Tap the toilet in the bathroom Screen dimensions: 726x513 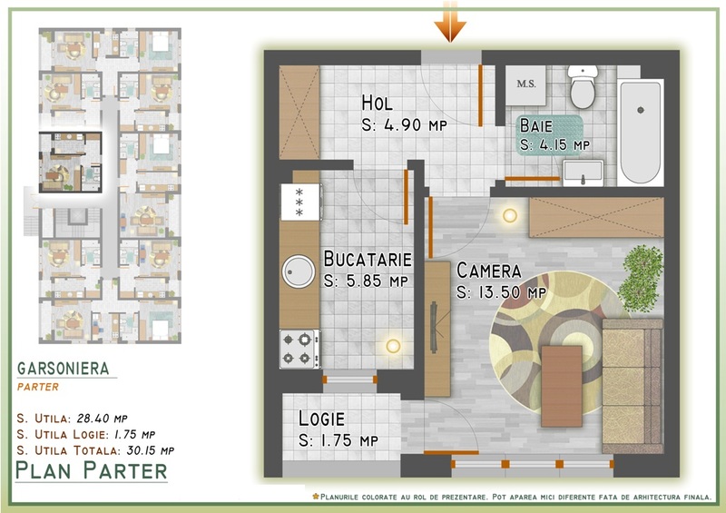pyautogui.click(x=583, y=86)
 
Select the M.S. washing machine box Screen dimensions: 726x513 pyautogui.click(x=525, y=85)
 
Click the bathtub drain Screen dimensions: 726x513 pyautogui.click(x=641, y=110)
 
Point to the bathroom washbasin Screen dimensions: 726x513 pyautogui.click(x=583, y=173)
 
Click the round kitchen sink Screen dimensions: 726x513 pyautogui.click(x=299, y=271)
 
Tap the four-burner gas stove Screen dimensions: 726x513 pyautogui.click(x=299, y=349)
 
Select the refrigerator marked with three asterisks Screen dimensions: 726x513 pyautogui.click(x=300, y=202)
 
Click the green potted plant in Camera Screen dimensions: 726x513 pyautogui.click(x=641, y=278)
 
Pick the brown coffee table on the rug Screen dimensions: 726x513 pyautogui.click(x=562, y=386)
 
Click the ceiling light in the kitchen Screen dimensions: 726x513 pyautogui.click(x=393, y=345)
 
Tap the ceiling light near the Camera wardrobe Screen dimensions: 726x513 pyautogui.click(x=510, y=215)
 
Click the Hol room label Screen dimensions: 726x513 pyautogui.click(x=377, y=103)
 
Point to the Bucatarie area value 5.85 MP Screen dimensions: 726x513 pyautogui.click(x=366, y=281)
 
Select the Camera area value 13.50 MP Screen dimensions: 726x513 pyautogui.click(x=502, y=292)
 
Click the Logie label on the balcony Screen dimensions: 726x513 pyautogui.click(x=321, y=419)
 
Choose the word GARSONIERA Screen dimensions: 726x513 pyautogui.click(x=64, y=369)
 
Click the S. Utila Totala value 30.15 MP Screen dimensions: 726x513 pyautogui.click(x=150, y=450)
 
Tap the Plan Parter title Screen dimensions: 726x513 pyautogui.click(x=92, y=470)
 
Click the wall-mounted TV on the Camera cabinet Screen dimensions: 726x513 pyautogui.click(x=435, y=327)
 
